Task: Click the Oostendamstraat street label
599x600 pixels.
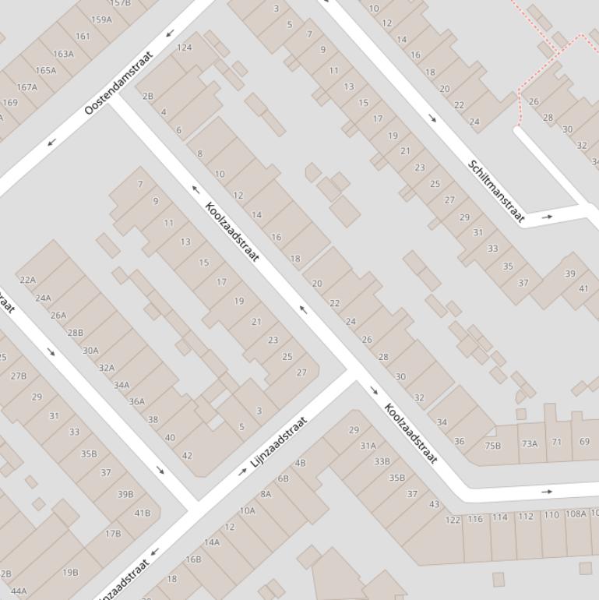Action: (119, 82)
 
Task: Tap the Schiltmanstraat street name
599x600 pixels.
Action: (495, 191)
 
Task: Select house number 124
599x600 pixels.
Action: (184, 48)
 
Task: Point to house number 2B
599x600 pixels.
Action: (148, 96)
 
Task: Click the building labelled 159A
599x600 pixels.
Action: (101, 19)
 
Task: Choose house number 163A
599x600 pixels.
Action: (63, 54)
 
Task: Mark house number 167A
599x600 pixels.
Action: (26, 87)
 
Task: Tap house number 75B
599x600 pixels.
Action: (492, 446)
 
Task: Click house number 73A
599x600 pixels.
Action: (530, 443)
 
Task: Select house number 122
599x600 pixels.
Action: (453, 520)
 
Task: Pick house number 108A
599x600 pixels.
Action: (576, 514)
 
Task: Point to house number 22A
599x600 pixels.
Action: (27, 280)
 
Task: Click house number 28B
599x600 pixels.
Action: (75, 333)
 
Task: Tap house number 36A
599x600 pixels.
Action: (136, 402)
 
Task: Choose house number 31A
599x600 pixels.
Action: (368, 446)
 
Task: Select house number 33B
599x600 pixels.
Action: (382, 461)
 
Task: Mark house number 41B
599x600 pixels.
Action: (142, 513)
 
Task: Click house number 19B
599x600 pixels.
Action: (70, 572)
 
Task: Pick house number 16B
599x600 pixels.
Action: (193, 559)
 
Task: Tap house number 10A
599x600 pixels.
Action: (247, 510)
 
